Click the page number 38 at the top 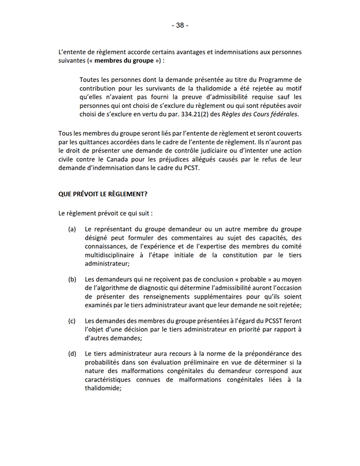pos(180,25)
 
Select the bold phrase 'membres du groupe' pos(124,60)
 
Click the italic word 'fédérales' pos(283,115)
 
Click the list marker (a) pos(72,229)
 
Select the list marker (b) pos(72,280)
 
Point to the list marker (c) pos(72,320)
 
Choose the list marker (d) pos(72,353)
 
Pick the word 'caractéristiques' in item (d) pos(110,380)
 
